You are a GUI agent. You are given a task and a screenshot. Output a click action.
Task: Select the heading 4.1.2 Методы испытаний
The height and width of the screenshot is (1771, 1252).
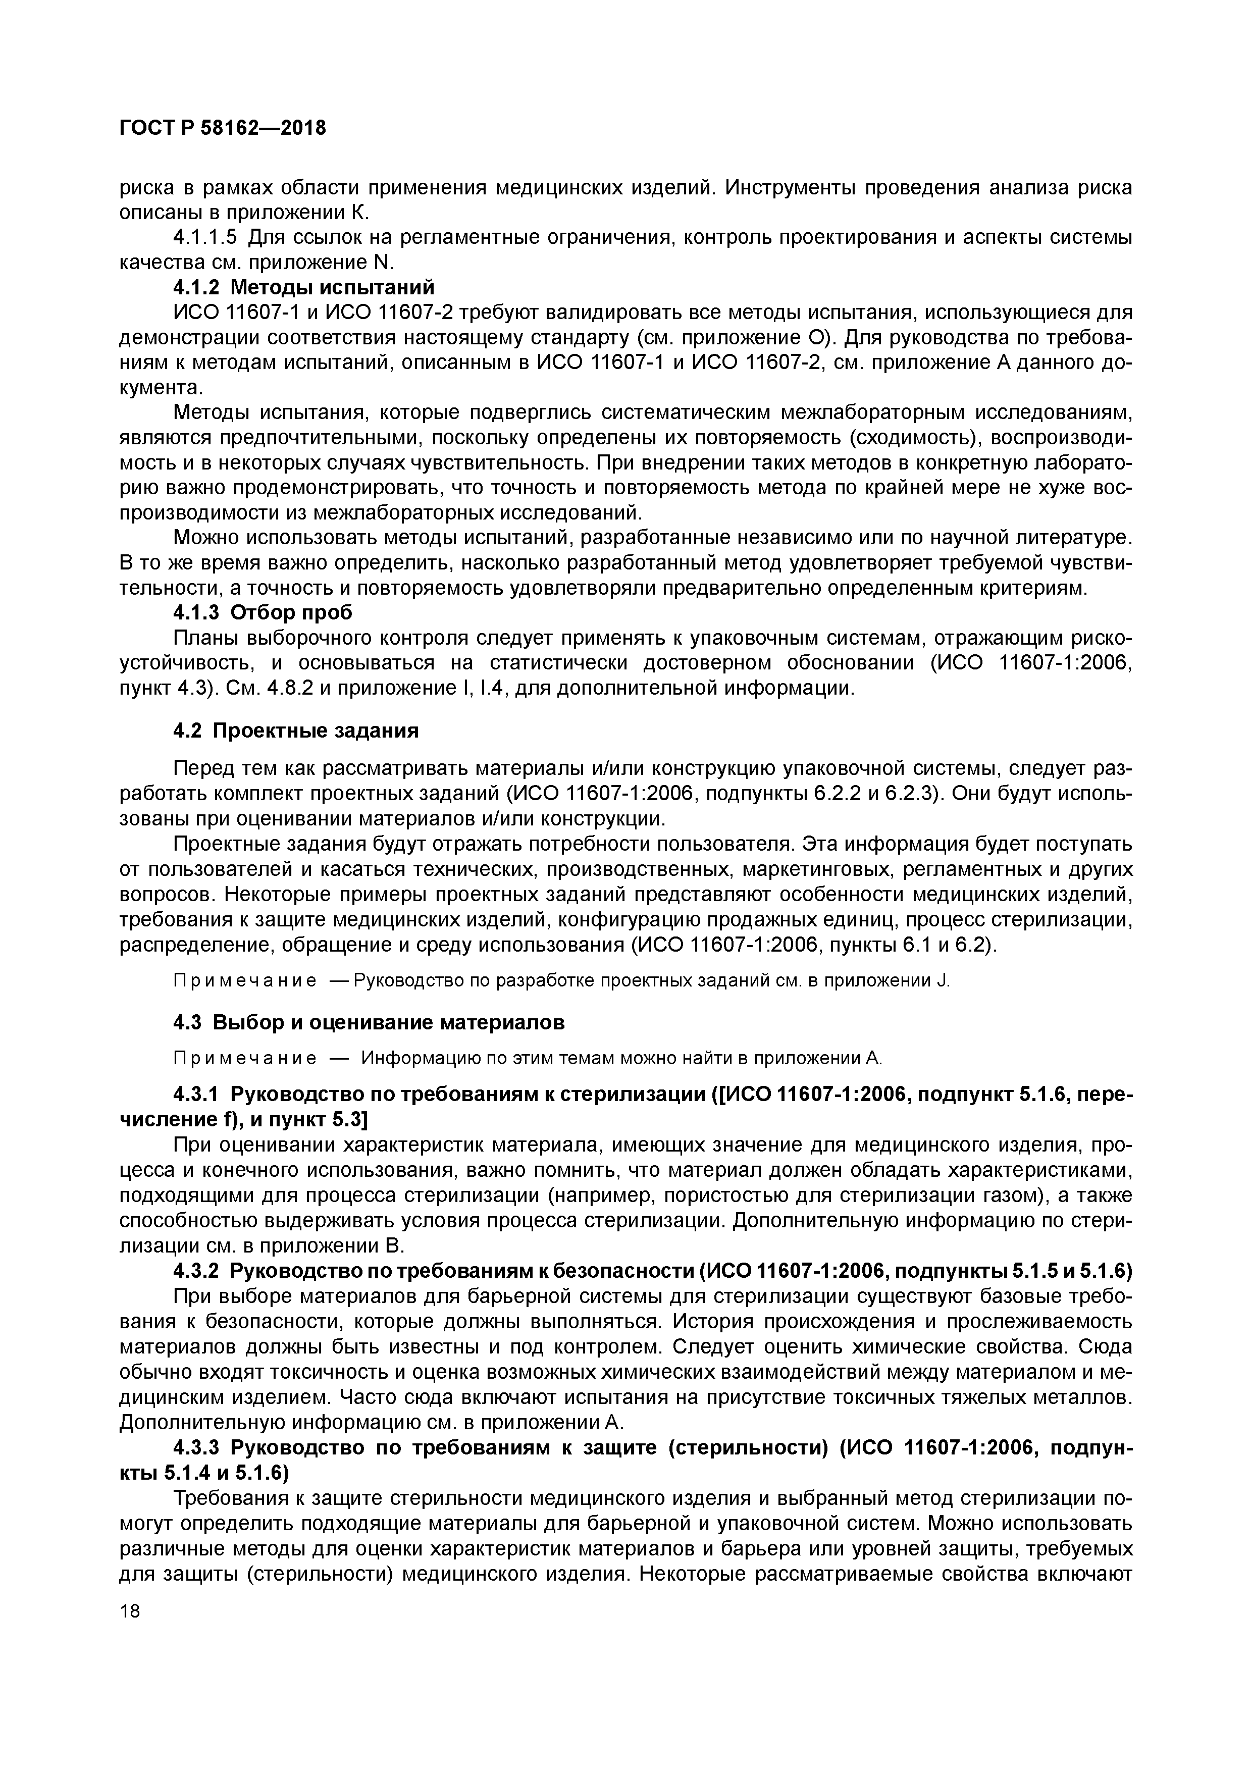pos(304,288)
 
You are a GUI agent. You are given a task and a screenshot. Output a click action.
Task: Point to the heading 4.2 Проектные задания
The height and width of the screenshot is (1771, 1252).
pos(295,731)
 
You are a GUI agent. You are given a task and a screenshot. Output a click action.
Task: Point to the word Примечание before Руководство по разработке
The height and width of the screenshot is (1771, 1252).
pos(244,981)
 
